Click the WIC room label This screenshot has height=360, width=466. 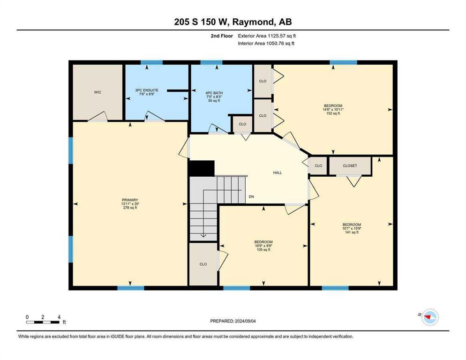click(98, 92)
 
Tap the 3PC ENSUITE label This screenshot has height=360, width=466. click(147, 90)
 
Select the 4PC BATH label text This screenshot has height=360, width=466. click(214, 93)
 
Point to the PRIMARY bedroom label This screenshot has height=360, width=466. click(130, 200)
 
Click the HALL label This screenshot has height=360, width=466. click(278, 172)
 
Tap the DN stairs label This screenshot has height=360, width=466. click(251, 196)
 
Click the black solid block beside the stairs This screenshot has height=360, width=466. click(201, 169)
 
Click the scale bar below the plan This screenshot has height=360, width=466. click(43, 322)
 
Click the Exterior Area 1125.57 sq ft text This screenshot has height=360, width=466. click(267, 36)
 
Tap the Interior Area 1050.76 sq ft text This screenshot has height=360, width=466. click(266, 44)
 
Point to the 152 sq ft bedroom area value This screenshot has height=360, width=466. click(333, 113)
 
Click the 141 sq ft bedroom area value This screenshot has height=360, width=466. click(352, 232)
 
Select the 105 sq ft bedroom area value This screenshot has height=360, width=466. click(263, 250)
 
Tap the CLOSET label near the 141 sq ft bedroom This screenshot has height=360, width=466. click(350, 165)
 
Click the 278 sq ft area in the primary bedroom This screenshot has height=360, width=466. click(130, 208)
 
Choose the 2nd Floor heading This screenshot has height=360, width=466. click(222, 36)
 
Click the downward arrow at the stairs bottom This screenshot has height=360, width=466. click(203, 235)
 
